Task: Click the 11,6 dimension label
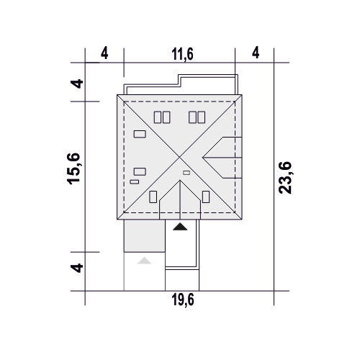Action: [x=182, y=54]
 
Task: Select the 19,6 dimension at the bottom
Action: [x=183, y=300]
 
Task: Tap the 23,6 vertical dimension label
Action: [x=285, y=178]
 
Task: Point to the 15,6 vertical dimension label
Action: [x=73, y=168]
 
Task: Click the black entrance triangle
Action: [x=180, y=227]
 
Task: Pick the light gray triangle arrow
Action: [x=144, y=261]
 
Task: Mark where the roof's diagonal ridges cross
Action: [x=180, y=158]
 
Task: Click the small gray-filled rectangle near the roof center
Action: [x=186, y=173]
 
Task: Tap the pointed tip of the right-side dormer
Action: [x=203, y=158]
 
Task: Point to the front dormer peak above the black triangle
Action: [x=180, y=180]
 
